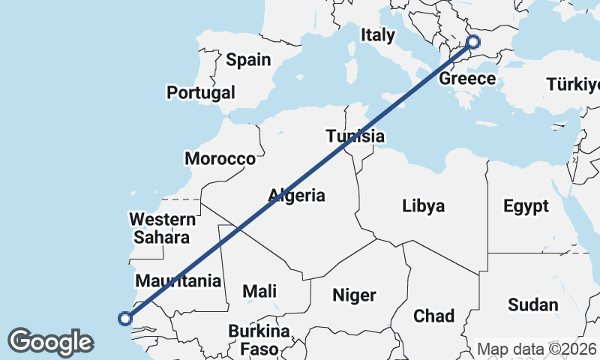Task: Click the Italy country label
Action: [377, 34]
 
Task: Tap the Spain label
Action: [248, 60]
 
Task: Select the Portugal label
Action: [201, 93]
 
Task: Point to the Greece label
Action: [467, 79]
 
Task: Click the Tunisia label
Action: [355, 136]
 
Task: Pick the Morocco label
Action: [220, 159]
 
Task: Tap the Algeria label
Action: [297, 196]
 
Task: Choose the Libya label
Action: [423, 205]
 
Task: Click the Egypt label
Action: [526, 205]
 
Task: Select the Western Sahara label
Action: [162, 229]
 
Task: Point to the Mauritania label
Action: [178, 281]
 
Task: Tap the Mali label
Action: [259, 291]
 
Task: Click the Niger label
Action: [354, 295]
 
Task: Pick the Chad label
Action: [433, 316]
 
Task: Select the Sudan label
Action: [533, 304]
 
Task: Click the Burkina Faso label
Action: [259, 340]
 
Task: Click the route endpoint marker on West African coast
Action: [125, 319]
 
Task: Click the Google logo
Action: [50, 341]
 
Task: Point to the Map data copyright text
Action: [538, 349]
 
